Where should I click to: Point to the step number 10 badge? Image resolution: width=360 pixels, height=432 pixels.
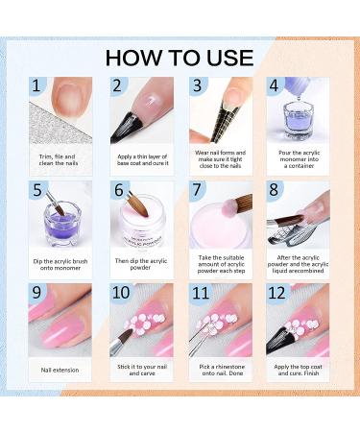121,294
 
